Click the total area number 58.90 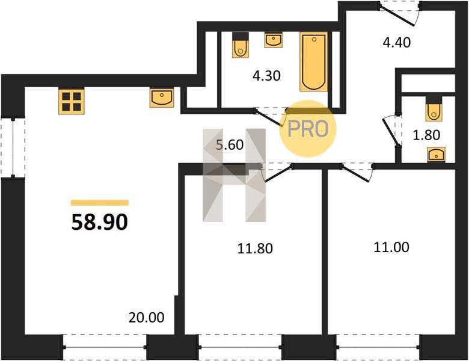pyautogui.click(x=100, y=223)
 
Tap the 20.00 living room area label pyautogui.click(x=147, y=318)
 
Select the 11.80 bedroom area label pyautogui.click(x=255, y=248)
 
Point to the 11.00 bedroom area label pyautogui.click(x=391, y=247)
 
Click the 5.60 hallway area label pyautogui.click(x=230, y=145)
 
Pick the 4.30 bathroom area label pyautogui.click(x=266, y=76)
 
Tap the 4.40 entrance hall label pyautogui.click(x=397, y=42)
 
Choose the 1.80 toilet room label pyautogui.click(x=426, y=135)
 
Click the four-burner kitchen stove pyautogui.click(x=71, y=102)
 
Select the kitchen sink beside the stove pyautogui.click(x=162, y=97)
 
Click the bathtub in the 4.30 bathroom pyautogui.click(x=313, y=61)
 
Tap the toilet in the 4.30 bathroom pyautogui.click(x=241, y=45)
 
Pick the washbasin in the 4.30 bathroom pyautogui.click(x=273, y=40)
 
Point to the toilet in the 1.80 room pyautogui.click(x=434, y=108)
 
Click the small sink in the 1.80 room pyautogui.click(x=436, y=155)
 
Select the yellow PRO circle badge pyautogui.click(x=308, y=128)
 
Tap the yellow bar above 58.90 pyautogui.click(x=100, y=203)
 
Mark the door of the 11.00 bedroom pyautogui.click(x=357, y=172)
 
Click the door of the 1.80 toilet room pyautogui.click(x=393, y=131)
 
